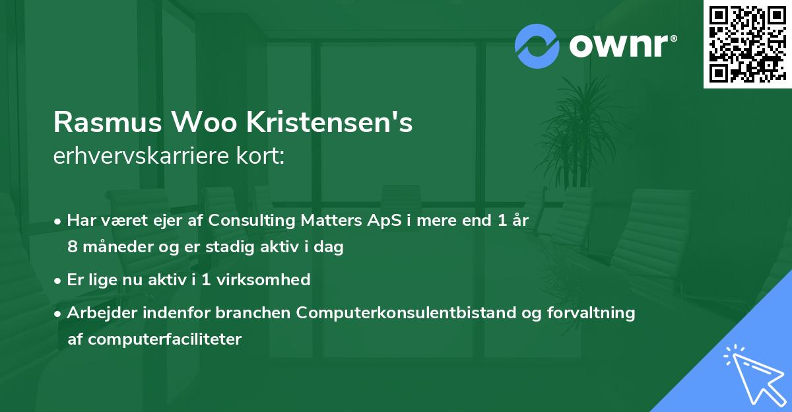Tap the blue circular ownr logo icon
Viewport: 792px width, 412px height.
[x=537, y=46]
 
